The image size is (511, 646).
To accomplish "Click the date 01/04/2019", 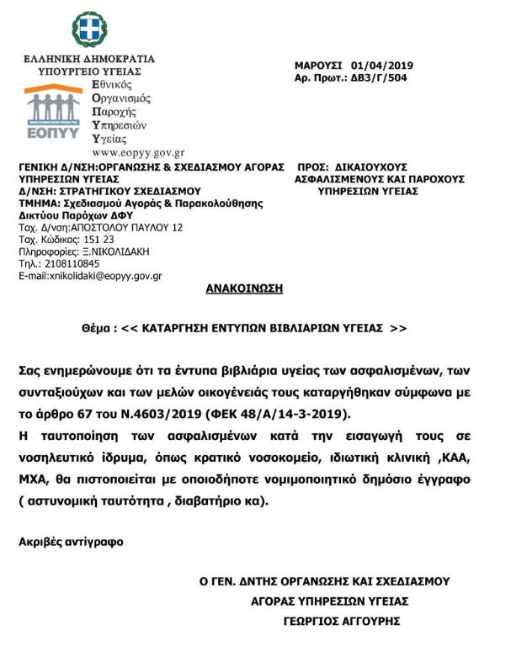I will pos(383,66).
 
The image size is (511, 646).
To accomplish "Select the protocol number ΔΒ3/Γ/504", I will pos(390,77).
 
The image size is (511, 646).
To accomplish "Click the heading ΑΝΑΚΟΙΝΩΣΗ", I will pos(244,289).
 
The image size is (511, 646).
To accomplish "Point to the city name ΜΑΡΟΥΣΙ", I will pos(317,66).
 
